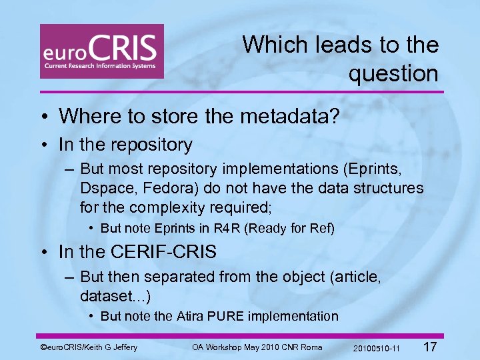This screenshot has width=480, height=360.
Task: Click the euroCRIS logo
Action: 101,51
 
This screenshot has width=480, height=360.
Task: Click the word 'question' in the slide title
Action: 393,73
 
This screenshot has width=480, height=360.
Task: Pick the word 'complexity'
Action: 169,207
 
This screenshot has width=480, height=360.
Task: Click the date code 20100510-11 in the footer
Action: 377,349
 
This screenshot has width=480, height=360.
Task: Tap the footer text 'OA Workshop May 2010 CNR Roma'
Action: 257,347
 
